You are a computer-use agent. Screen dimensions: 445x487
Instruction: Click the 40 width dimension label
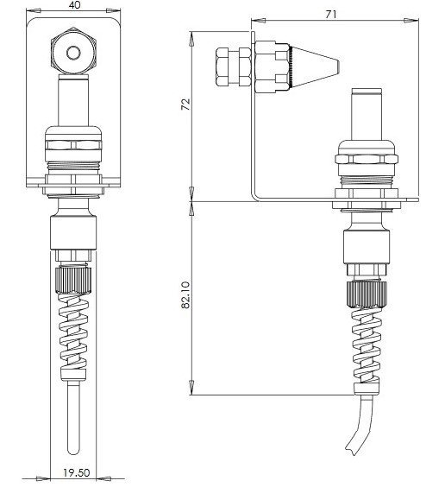75,5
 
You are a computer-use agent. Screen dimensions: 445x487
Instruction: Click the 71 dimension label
331,15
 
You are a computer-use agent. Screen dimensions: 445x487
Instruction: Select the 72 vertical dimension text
185,104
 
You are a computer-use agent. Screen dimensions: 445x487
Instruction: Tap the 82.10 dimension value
185,295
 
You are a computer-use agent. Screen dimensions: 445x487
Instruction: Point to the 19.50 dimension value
77,472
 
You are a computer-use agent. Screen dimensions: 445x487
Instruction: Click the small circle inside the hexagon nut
73,53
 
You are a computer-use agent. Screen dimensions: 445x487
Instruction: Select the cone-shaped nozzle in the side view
315,66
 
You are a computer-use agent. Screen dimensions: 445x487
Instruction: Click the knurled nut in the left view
73,280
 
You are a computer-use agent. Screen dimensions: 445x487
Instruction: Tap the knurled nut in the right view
367,294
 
